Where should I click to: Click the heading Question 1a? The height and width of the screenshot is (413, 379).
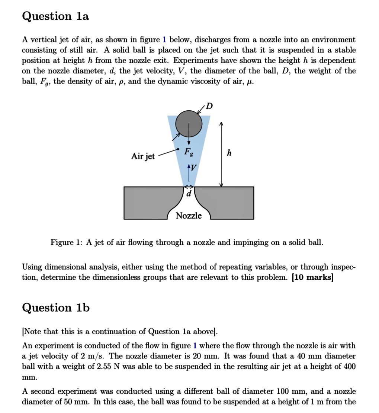[55, 16]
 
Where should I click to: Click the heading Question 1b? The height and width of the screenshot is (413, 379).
[56, 308]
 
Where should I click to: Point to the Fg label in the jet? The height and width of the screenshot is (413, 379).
[189, 152]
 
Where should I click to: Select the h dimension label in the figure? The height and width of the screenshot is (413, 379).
[229, 153]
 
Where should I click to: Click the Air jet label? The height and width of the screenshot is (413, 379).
[143, 156]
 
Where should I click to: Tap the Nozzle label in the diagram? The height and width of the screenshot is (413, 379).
[189, 216]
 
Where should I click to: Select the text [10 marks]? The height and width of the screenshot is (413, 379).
[313, 277]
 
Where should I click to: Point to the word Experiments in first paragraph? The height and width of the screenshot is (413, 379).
[196, 61]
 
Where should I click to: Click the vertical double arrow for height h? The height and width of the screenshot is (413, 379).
[221, 155]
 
